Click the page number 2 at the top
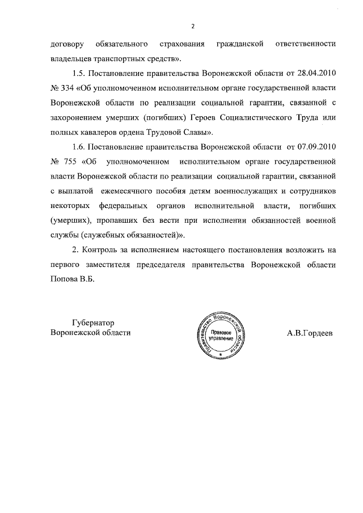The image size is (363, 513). click(193, 27)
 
